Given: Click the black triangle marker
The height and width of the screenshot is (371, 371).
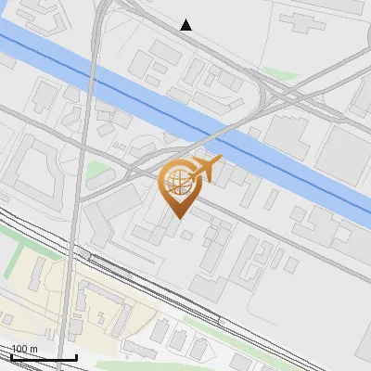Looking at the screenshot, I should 186,25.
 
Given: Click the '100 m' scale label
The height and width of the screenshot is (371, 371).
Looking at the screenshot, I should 24,349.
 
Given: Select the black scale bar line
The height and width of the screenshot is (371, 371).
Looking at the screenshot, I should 44,358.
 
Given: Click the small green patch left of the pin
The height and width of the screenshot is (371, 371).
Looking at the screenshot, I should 97,171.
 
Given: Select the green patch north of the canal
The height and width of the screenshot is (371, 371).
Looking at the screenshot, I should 277,72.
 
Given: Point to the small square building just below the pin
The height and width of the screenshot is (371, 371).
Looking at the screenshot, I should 186,235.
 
